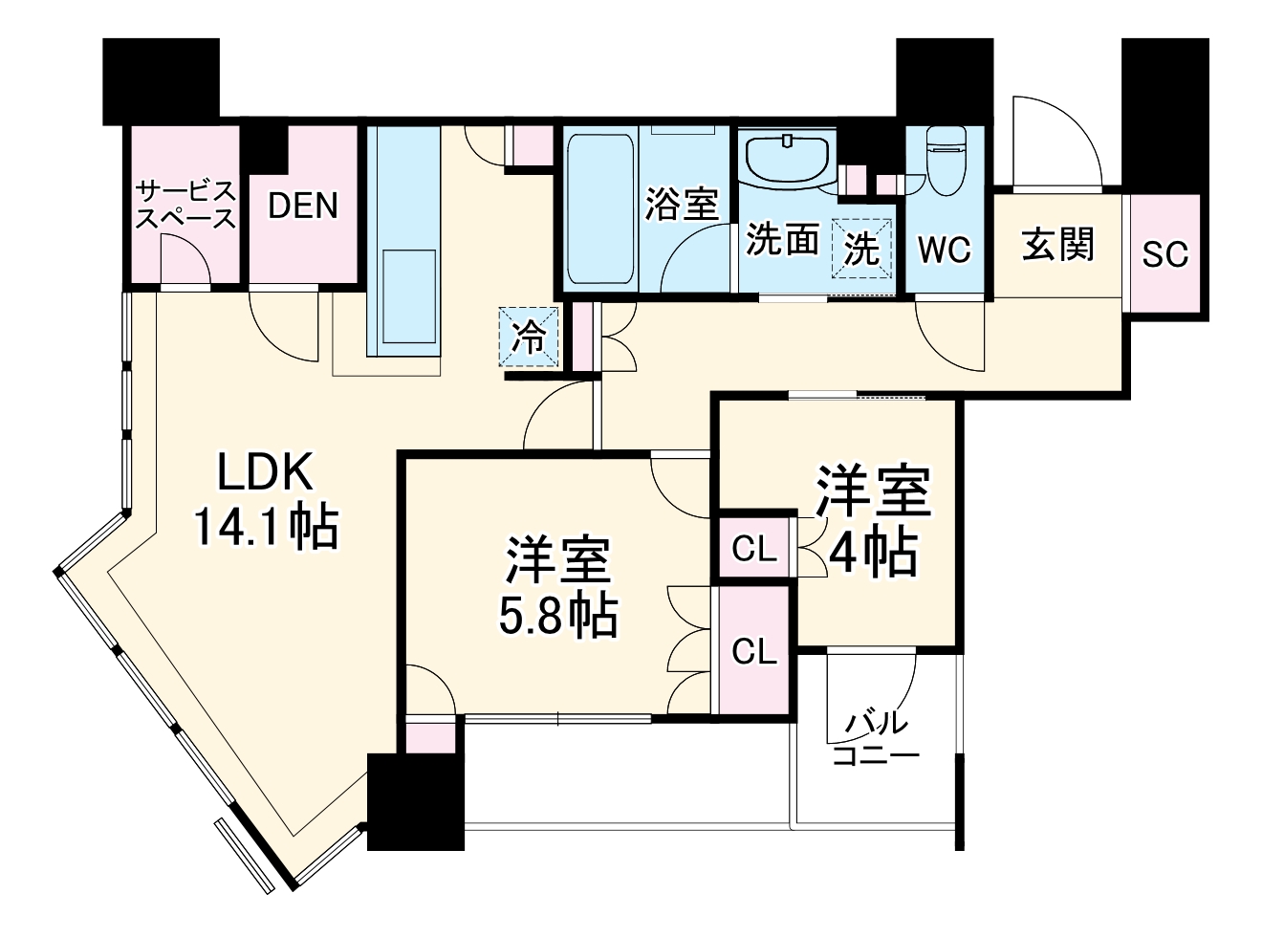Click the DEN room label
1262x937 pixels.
(302, 206)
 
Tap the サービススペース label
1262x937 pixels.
(185, 204)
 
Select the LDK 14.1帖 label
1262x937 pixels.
(265, 500)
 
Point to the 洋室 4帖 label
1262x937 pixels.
(872, 521)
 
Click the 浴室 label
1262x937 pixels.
(681, 205)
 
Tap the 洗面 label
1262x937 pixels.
(782, 241)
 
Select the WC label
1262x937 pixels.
(944, 249)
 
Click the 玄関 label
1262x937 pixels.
(1057, 245)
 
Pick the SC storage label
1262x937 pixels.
(1165, 253)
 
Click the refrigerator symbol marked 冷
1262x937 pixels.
(529, 337)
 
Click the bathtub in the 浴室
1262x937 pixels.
(599, 208)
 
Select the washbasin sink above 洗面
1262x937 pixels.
(786, 159)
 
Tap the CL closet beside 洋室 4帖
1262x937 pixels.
(754, 549)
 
